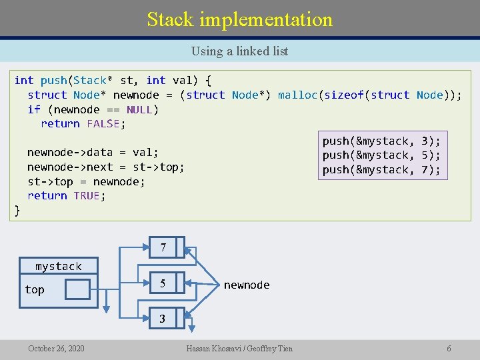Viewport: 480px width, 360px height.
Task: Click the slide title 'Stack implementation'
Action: coord(240,19)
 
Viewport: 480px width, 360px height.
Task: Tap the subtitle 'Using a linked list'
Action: coord(239,51)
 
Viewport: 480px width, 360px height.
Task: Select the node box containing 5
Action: coord(163,284)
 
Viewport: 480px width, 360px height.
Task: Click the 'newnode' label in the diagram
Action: coord(247,285)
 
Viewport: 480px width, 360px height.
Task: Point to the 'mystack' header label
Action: coord(59,266)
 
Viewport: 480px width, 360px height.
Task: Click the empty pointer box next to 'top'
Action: coord(77,289)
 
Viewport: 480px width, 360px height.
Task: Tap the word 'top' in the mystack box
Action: coord(35,289)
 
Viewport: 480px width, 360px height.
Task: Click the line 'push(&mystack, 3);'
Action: coord(381,141)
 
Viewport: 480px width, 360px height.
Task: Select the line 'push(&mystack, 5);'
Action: coord(381,155)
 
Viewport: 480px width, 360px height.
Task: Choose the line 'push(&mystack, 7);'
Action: coord(381,169)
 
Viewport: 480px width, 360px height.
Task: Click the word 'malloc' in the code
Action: coord(297,95)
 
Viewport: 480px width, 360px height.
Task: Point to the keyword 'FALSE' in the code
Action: coord(103,123)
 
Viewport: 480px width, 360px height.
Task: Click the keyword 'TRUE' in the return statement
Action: coord(87,195)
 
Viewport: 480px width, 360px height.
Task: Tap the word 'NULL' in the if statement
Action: coord(139,109)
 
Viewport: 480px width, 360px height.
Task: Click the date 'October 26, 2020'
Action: coord(56,348)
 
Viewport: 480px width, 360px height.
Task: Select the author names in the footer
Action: coord(240,348)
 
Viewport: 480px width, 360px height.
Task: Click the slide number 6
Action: coord(449,348)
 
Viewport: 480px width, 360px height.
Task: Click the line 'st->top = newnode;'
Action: coord(86,181)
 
